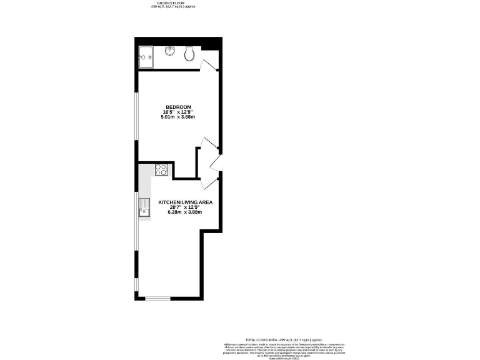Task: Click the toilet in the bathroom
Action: [x=189, y=54]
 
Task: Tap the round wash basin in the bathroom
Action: [x=169, y=51]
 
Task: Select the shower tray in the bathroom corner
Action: [x=146, y=57]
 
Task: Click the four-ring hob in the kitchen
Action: [x=162, y=169]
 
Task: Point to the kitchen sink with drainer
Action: [x=144, y=207]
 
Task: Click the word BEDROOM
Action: [x=178, y=106]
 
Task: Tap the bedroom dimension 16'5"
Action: [x=167, y=112]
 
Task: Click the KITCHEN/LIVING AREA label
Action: [x=186, y=202]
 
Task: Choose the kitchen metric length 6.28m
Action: [x=176, y=212]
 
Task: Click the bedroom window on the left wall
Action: [x=137, y=116]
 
